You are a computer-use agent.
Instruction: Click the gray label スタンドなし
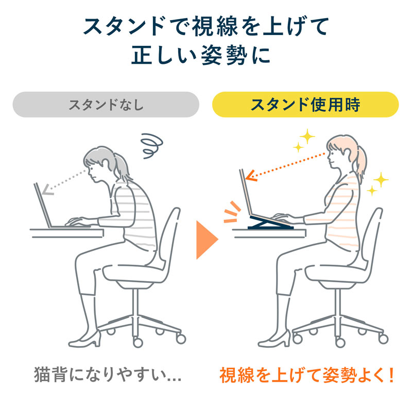(x=106, y=106)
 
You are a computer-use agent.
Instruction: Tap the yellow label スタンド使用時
(x=305, y=105)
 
